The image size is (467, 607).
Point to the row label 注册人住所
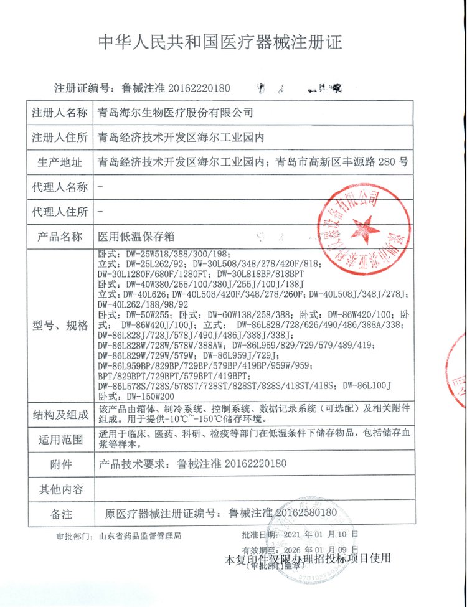(x=60, y=137)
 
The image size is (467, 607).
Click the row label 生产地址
(x=60, y=162)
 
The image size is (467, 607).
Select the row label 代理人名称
(x=60, y=187)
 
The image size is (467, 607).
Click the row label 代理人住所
(x=60, y=212)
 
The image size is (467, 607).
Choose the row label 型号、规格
(x=60, y=325)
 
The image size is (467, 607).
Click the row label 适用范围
(x=60, y=440)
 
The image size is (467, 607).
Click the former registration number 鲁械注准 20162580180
(x=283, y=513)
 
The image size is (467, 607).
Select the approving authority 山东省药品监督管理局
(x=140, y=535)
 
